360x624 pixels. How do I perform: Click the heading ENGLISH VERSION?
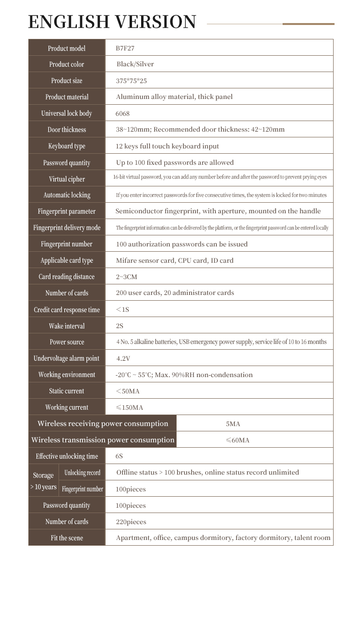(112, 22)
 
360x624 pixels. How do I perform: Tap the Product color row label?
(67, 64)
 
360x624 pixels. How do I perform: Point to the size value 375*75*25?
(131, 81)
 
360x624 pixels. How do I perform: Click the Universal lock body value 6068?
(122, 113)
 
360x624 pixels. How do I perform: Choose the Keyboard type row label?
(67, 146)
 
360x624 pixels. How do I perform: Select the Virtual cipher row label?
(67, 179)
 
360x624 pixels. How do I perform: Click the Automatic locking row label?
(67, 195)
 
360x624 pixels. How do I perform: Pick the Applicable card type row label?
(67, 260)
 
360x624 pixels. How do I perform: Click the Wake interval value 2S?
(120, 326)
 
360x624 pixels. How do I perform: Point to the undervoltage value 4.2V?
(123, 358)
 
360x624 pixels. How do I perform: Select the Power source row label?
(67, 342)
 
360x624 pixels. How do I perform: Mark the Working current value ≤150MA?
(130, 407)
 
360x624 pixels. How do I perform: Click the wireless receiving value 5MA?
(233, 424)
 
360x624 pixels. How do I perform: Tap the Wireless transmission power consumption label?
(103, 440)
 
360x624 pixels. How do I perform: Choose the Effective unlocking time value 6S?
(119, 456)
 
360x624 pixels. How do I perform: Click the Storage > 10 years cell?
(43, 481)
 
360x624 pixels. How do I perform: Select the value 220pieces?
(131, 522)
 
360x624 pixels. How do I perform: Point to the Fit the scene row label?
(67, 538)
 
